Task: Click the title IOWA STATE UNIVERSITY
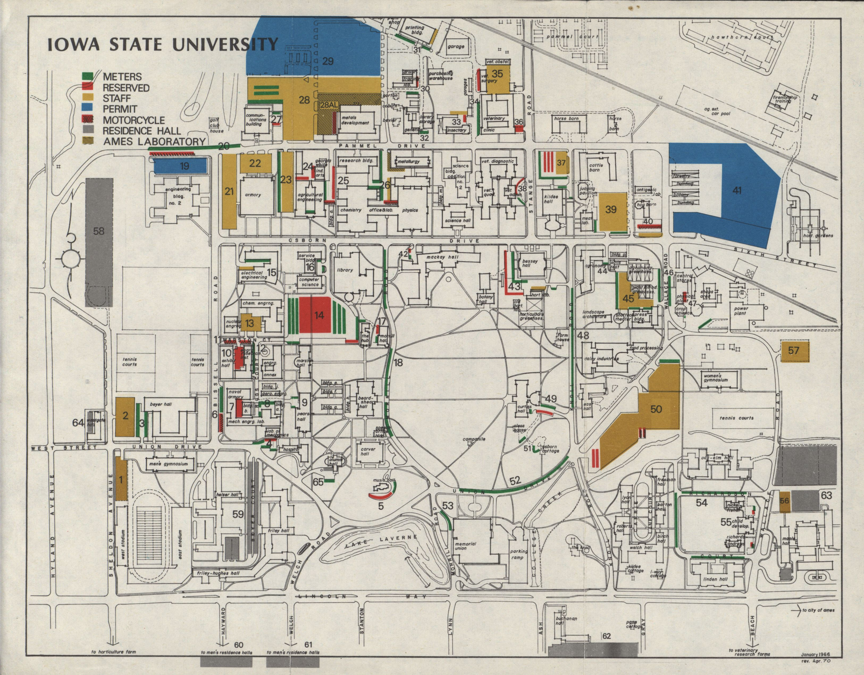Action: click(x=162, y=44)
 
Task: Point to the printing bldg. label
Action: click(x=414, y=31)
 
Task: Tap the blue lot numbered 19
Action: click(x=180, y=166)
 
